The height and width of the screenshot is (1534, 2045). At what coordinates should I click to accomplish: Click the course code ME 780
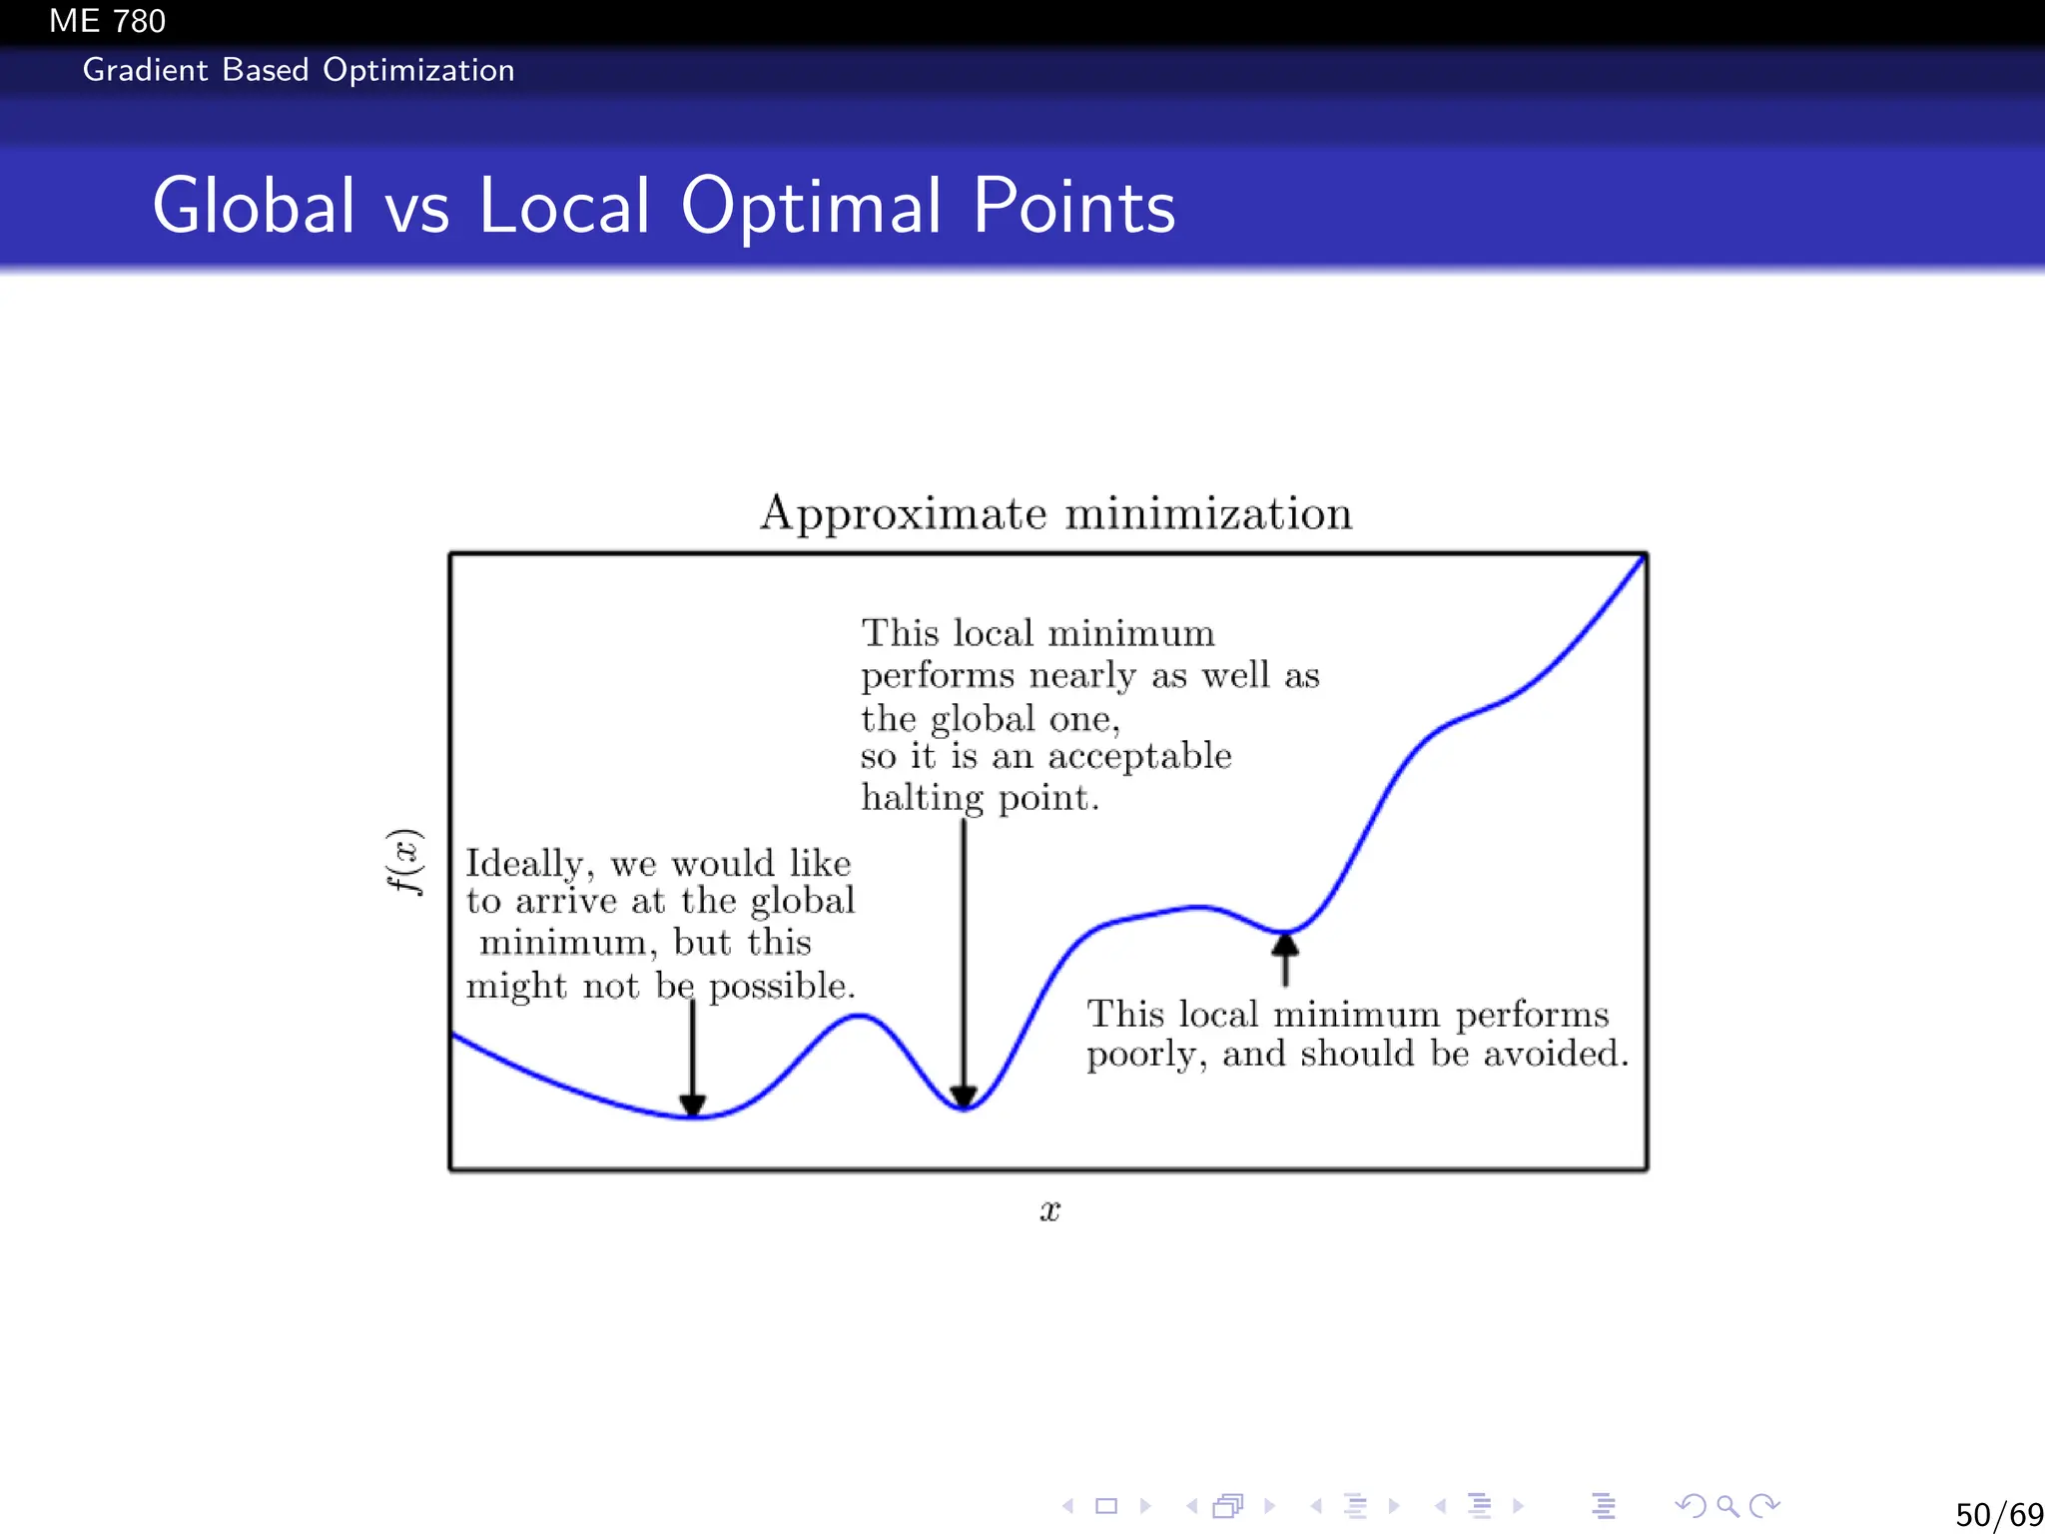[107, 21]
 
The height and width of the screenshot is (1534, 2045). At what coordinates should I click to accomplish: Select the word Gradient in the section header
[146, 70]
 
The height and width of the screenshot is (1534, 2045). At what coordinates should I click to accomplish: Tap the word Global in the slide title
[254, 206]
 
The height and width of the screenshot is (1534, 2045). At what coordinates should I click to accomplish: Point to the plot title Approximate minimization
[1055, 514]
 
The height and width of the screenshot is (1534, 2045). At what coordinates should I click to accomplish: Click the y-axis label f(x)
[405, 862]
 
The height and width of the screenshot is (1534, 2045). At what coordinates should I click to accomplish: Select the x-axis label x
[1049, 1211]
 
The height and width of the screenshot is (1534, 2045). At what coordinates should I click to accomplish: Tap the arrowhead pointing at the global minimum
[693, 1105]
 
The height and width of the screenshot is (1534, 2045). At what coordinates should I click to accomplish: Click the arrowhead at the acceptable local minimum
[964, 1097]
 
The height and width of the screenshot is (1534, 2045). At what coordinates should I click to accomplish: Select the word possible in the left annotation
[781, 987]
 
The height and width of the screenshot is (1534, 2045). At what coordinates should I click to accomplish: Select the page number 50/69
[1998, 1514]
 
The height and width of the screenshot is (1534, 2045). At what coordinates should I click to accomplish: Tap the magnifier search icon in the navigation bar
[1727, 1505]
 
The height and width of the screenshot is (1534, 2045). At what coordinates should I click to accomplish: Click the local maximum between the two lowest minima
[858, 1017]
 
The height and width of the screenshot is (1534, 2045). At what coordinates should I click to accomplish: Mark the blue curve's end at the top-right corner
[1643, 558]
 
